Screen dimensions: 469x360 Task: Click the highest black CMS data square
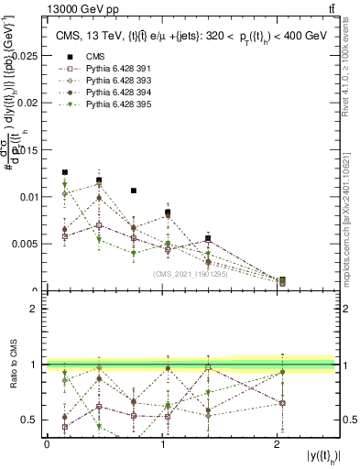[65, 172]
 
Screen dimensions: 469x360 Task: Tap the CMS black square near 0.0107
[134, 191]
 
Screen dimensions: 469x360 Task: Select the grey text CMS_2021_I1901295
[191, 273]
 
